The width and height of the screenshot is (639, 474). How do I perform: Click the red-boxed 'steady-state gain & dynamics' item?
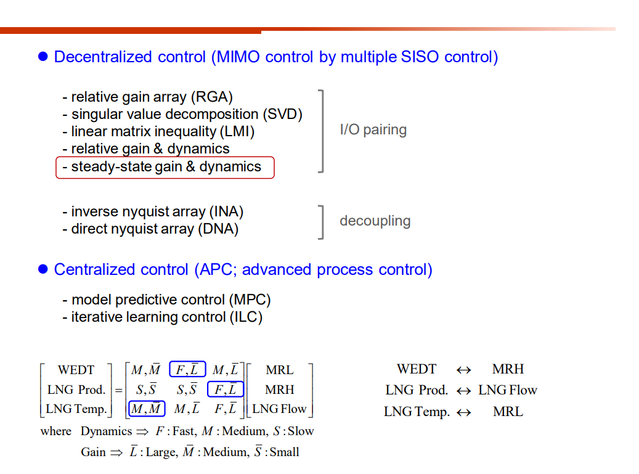tap(165, 167)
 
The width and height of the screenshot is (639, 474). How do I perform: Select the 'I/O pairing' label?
tap(373, 130)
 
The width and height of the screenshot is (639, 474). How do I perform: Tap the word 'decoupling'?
tap(375, 221)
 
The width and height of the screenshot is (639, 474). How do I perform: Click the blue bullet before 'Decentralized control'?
tap(43, 57)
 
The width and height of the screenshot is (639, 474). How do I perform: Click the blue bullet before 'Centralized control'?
tap(43, 269)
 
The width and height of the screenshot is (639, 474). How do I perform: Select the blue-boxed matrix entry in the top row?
tap(187, 370)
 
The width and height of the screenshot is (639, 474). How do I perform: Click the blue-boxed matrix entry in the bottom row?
tap(146, 409)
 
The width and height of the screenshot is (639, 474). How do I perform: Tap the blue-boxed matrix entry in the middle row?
tap(226, 390)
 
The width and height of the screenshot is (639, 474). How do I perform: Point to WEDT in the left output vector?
tap(76, 370)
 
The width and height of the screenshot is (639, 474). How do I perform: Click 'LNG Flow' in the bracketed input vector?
tap(279, 409)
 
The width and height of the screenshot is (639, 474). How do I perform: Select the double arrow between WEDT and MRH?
tap(463, 370)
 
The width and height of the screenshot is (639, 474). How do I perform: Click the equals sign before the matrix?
tap(118, 390)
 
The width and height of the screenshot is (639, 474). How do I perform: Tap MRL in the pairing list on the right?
tap(508, 411)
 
